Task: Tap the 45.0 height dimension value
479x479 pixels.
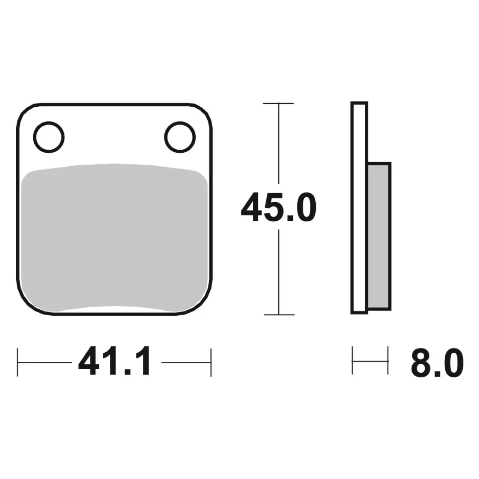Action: click(x=279, y=207)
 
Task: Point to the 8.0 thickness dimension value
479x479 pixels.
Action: click(x=437, y=363)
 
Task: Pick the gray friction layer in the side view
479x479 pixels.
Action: click(x=379, y=236)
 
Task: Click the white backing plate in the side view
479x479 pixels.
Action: click(x=359, y=208)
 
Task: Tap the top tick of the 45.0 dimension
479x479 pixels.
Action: click(x=278, y=103)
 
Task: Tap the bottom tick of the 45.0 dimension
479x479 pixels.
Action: click(x=279, y=315)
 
